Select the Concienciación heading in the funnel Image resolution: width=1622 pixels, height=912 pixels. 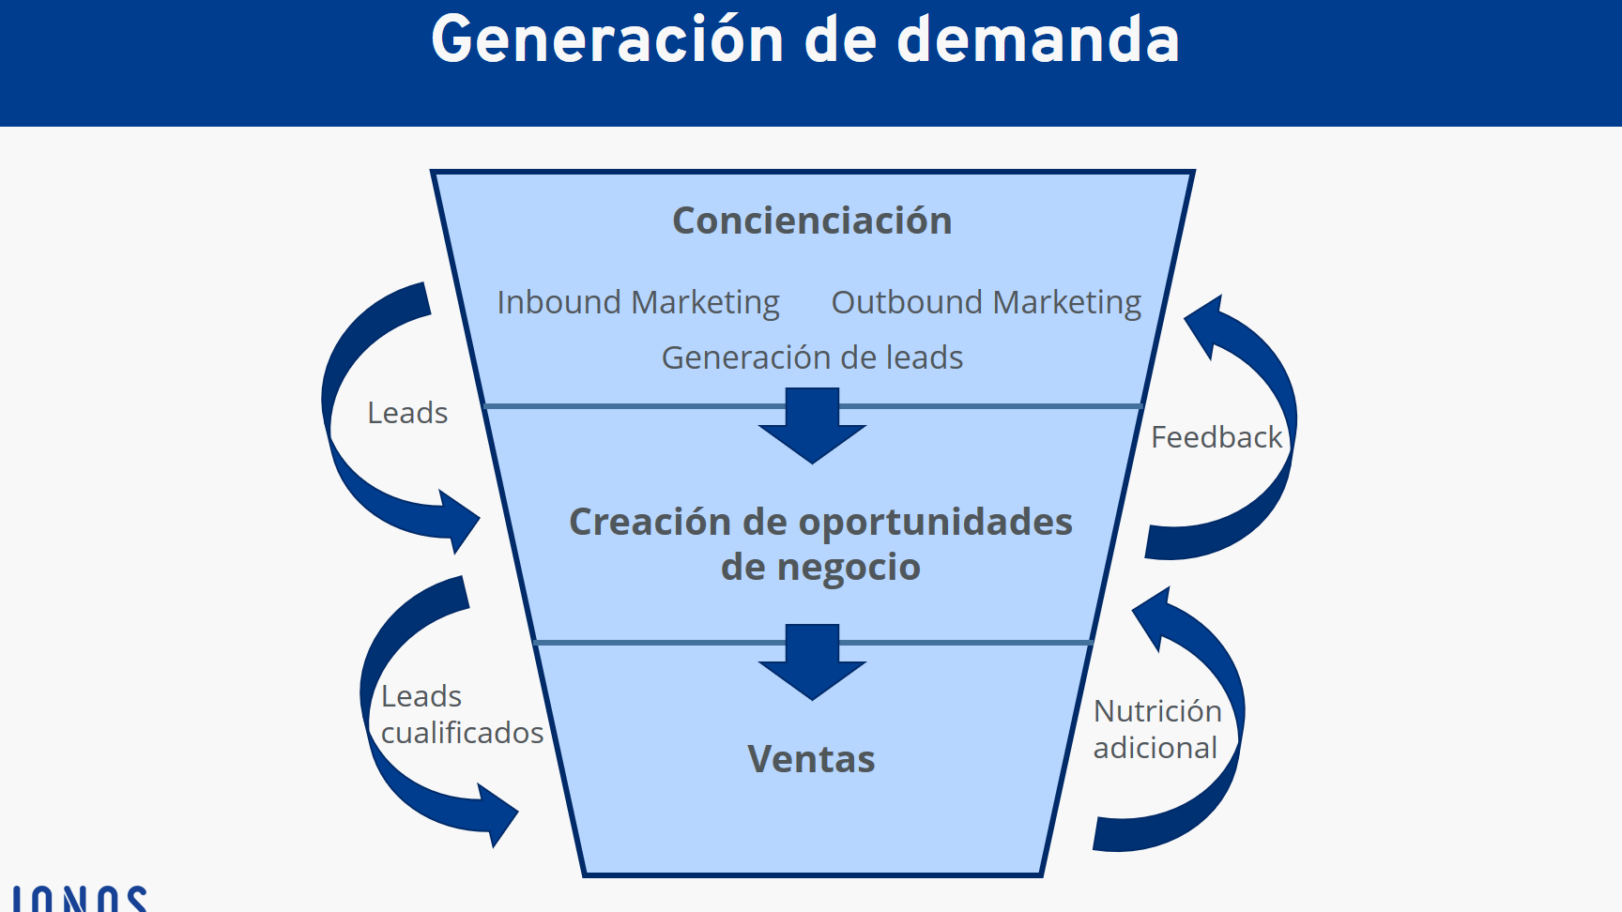812,221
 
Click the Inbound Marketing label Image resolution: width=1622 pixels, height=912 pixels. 638,303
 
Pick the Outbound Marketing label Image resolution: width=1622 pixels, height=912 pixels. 986,303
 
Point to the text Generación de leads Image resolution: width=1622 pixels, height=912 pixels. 812,357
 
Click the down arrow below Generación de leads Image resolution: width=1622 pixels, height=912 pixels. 812,427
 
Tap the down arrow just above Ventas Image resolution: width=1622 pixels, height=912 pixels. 812,663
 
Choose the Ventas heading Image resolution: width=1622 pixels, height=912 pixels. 811,759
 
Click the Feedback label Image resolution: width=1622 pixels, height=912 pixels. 1216,437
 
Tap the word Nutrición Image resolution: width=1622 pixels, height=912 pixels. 1157,711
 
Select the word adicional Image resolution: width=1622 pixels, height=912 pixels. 1155,748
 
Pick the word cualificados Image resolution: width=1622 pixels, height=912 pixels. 462,733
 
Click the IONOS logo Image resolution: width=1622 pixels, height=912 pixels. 80,899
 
